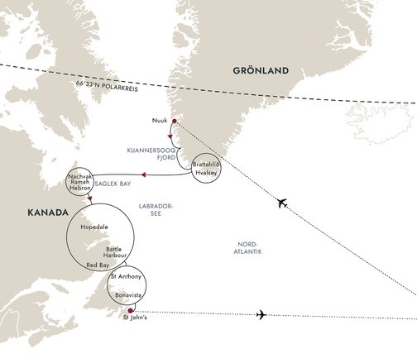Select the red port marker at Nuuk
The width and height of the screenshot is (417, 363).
pyautogui.click(x=174, y=122)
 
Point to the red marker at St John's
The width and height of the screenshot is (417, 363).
pyautogui.click(x=132, y=312)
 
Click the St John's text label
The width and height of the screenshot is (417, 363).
pyautogui.click(x=136, y=319)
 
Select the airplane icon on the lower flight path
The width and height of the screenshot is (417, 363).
pyautogui.click(x=262, y=314)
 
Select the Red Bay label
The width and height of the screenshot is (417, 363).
pyautogui.click(x=98, y=265)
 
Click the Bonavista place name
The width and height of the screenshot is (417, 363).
pyautogui.click(x=132, y=294)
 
